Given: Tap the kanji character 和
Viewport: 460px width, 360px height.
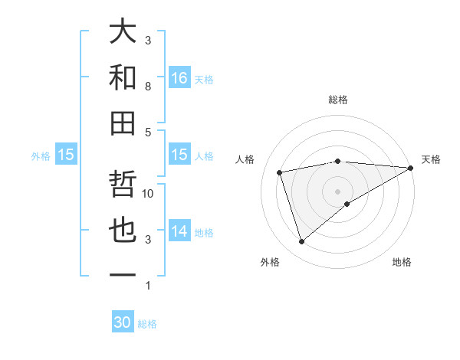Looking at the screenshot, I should pyautogui.click(x=123, y=77).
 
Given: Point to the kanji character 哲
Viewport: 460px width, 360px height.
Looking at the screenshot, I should pyautogui.click(x=123, y=185).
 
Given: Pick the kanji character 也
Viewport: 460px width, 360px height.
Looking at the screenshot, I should pyautogui.click(x=123, y=231).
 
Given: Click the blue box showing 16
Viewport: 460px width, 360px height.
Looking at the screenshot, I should pyautogui.click(x=179, y=77).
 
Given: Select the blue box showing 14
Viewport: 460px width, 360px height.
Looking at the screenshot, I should pyautogui.click(x=179, y=231).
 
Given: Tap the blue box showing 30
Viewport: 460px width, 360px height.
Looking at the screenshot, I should pyautogui.click(x=123, y=322).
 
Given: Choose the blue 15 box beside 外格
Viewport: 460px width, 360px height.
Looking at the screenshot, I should pyautogui.click(x=66, y=155).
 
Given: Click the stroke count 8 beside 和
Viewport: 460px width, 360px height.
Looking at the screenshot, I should pyautogui.click(x=148, y=87).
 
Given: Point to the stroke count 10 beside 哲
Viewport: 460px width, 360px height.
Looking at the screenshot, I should pyautogui.click(x=148, y=194).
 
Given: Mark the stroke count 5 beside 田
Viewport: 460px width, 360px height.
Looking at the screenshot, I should pyautogui.click(x=148, y=132).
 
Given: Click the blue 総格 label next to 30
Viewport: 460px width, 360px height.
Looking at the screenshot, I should pyautogui.click(x=147, y=324).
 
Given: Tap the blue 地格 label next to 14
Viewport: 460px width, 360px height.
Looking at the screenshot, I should pyautogui.click(x=204, y=232).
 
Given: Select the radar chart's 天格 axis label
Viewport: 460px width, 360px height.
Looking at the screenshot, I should pyautogui.click(x=431, y=159).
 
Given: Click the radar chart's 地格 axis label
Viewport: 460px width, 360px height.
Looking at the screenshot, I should pyautogui.click(x=402, y=262).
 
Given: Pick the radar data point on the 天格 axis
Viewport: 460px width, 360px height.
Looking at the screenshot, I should pyautogui.click(x=411, y=167).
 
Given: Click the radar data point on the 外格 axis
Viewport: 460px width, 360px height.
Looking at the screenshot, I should pyautogui.click(x=301, y=242).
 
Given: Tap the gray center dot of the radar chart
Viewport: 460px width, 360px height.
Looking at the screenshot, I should pyautogui.click(x=338, y=191).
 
